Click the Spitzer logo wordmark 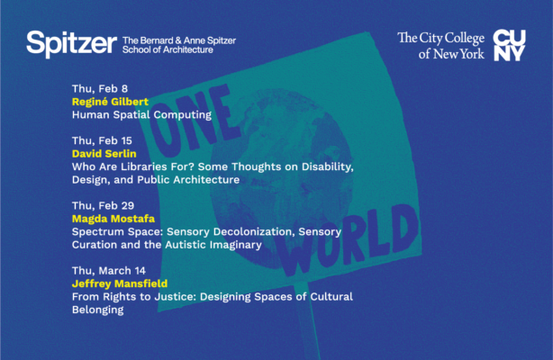click(x=71, y=43)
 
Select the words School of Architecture click(x=168, y=50)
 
